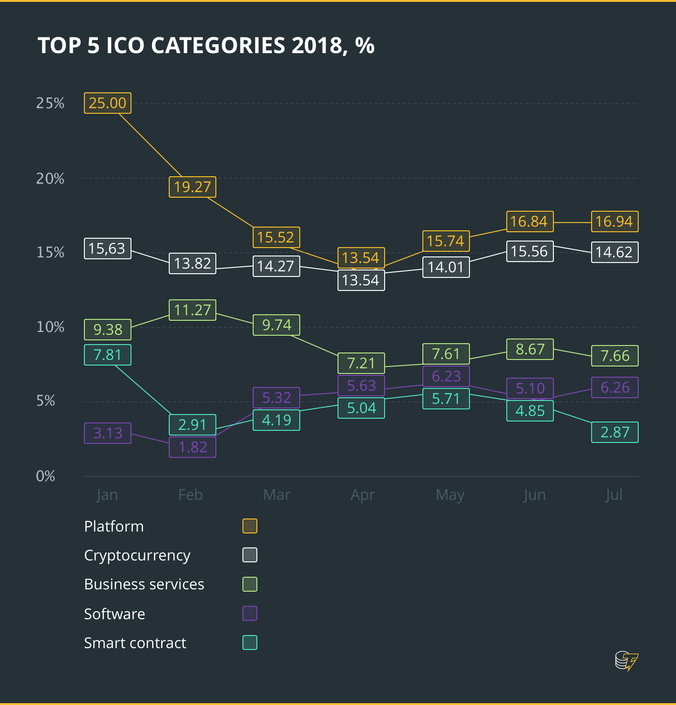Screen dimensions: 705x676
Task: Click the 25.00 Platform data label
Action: point(108,103)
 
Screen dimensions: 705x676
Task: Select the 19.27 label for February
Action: point(193,187)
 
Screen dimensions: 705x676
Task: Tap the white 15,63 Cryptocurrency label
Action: point(108,249)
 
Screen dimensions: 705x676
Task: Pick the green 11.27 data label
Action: point(193,310)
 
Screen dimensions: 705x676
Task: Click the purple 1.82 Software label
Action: point(193,447)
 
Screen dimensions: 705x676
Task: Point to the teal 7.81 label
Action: point(108,355)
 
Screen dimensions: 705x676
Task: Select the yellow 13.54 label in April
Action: point(361,257)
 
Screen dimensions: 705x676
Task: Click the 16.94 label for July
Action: point(614,221)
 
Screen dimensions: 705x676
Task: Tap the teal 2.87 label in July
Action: point(614,432)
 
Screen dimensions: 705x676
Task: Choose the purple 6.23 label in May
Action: point(446,376)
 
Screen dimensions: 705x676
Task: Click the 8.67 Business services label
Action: point(530,349)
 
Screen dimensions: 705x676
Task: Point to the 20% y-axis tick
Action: point(50,179)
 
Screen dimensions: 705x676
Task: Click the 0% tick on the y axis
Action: point(46,476)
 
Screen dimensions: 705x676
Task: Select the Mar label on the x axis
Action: point(276,495)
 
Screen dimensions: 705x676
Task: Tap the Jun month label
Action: point(534,495)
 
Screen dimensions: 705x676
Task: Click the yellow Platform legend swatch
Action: point(250,526)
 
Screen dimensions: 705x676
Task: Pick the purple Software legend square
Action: point(250,614)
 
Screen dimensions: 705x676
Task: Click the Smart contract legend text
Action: point(135,643)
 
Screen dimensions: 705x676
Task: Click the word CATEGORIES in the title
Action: point(218,46)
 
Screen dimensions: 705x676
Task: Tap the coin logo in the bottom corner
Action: point(626,660)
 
